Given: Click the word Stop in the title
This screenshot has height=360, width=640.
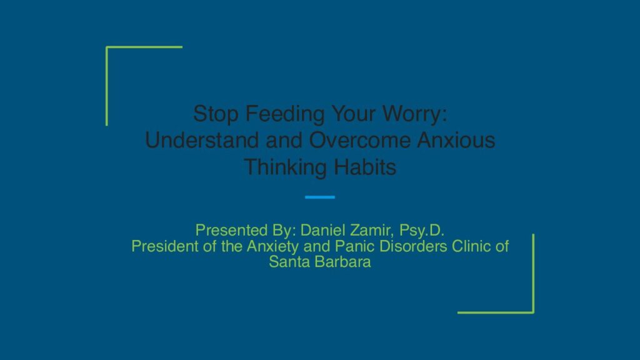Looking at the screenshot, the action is (216, 114).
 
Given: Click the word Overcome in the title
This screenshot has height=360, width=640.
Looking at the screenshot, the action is (359, 140).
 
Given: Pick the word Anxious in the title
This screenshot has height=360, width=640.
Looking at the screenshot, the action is (456, 140).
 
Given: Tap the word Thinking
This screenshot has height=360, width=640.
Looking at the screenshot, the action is (286, 167).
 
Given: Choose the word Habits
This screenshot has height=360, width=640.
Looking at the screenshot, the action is (365, 167).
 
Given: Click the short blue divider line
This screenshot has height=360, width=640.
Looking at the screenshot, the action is (320, 197).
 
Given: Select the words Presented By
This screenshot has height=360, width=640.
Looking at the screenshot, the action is (244, 231).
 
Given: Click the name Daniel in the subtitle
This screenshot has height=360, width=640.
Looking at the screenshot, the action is (323, 230).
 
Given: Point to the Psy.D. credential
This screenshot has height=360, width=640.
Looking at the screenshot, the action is (422, 231).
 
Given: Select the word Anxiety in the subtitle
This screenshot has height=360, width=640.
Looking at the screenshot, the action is (272, 246).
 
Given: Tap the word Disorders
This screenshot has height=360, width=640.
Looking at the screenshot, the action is (413, 246).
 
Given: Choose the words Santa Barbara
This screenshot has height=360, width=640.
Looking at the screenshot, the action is (320, 262).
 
